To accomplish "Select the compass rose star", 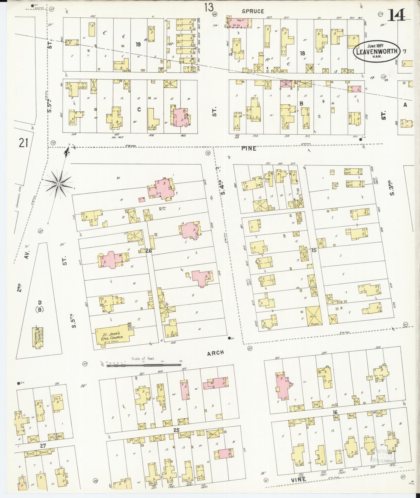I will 59,184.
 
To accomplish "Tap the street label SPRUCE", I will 253,11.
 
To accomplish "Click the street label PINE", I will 249,148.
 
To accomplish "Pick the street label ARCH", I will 216,353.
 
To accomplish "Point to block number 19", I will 138,44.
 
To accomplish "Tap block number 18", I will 302,53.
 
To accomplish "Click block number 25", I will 177,430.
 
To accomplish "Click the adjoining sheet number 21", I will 23,143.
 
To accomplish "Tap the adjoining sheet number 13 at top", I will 209,8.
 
